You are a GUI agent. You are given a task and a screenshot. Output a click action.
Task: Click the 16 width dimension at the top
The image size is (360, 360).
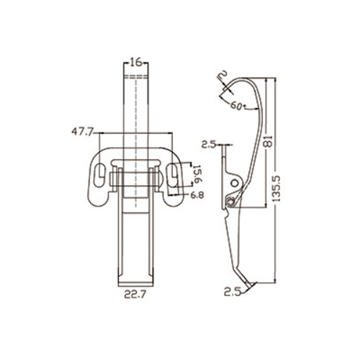135,63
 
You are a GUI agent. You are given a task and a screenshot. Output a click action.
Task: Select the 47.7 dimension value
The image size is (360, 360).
82,132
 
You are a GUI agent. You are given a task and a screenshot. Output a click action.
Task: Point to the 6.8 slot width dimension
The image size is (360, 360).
197,195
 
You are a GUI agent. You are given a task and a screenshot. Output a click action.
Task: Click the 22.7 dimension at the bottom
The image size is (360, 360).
135,294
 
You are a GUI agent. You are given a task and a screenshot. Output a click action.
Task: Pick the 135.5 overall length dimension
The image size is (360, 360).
276,189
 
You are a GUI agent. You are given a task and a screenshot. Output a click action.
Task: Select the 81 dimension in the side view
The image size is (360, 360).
269,141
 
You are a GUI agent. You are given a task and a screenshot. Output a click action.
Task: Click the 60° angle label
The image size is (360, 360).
238,106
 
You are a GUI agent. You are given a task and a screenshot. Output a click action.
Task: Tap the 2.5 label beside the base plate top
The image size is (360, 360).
209,145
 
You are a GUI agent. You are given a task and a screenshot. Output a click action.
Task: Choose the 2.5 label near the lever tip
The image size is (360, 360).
232,292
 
